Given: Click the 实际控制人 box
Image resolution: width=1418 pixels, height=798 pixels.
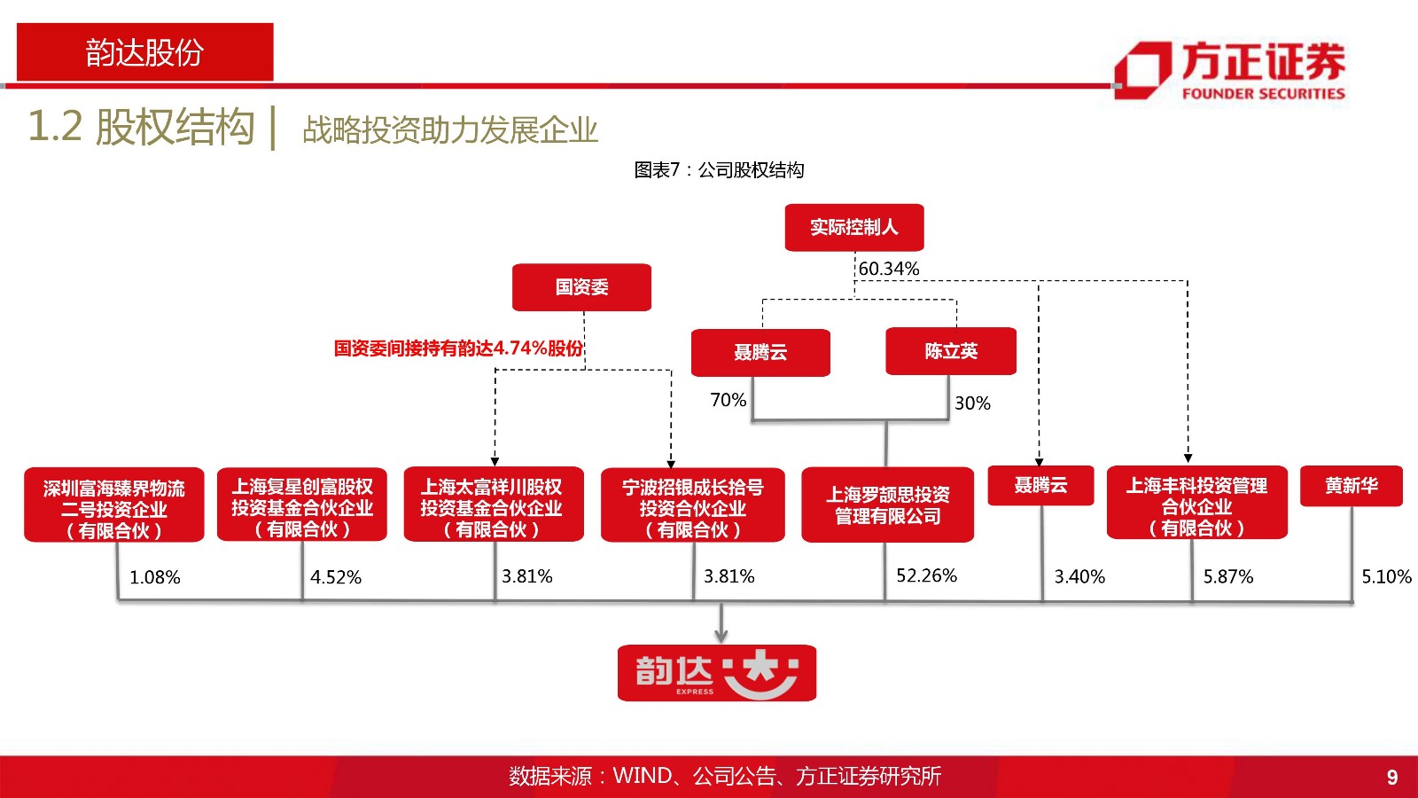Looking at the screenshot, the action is click(x=854, y=227).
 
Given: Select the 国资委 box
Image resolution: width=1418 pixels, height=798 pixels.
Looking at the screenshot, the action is click(x=581, y=287).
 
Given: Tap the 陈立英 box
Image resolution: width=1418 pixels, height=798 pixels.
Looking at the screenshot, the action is click(x=951, y=351).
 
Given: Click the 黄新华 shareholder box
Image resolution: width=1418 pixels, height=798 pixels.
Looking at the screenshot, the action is click(x=1351, y=486).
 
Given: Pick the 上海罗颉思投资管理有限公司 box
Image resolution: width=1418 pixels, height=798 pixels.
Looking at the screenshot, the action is click(x=887, y=505).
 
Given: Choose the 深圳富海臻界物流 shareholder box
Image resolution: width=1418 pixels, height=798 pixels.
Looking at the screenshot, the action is click(x=114, y=505).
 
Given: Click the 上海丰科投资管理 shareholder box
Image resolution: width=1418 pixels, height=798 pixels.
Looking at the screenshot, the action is click(x=1196, y=503).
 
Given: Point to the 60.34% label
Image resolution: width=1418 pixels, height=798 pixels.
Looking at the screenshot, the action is click(x=889, y=269).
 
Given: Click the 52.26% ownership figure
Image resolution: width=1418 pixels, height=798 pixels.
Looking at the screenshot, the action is click(x=926, y=575).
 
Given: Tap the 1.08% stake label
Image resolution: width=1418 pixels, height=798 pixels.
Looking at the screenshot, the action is click(x=155, y=577).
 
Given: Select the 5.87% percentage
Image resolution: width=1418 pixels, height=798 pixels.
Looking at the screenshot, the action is click(x=1228, y=576).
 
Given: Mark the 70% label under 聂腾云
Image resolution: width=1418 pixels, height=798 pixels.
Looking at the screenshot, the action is click(x=728, y=400).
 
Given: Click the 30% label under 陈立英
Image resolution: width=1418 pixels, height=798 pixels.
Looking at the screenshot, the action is click(x=972, y=403).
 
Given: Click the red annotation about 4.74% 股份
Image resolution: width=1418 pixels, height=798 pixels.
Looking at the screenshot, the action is click(x=458, y=348).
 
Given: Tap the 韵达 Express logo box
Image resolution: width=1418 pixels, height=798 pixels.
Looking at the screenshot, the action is click(x=717, y=673).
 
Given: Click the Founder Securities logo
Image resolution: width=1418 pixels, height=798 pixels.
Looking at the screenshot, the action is click(x=1230, y=70).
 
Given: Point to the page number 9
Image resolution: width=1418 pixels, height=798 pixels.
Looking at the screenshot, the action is click(x=1392, y=777).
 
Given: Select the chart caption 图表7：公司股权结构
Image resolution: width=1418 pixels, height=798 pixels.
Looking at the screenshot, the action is click(x=719, y=169).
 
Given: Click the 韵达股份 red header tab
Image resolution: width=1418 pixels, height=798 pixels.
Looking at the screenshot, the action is click(x=145, y=52).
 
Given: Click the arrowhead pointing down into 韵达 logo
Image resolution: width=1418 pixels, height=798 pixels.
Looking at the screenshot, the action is click(x=721, y=636).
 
